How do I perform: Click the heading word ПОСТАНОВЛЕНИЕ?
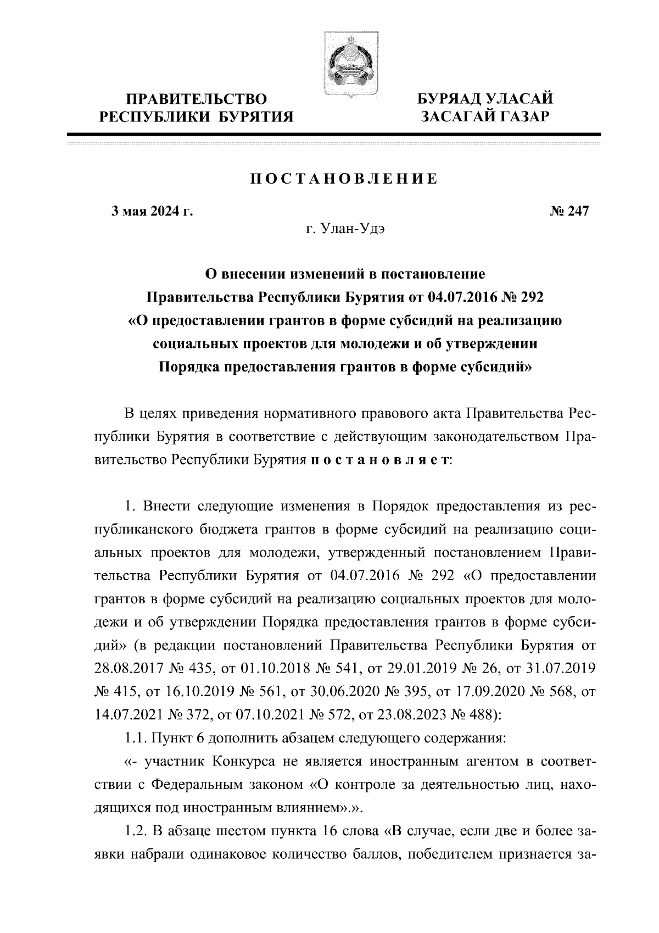344,179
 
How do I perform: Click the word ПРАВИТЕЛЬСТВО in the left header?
197,99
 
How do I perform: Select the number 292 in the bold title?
531,297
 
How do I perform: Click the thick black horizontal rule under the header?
333,134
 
